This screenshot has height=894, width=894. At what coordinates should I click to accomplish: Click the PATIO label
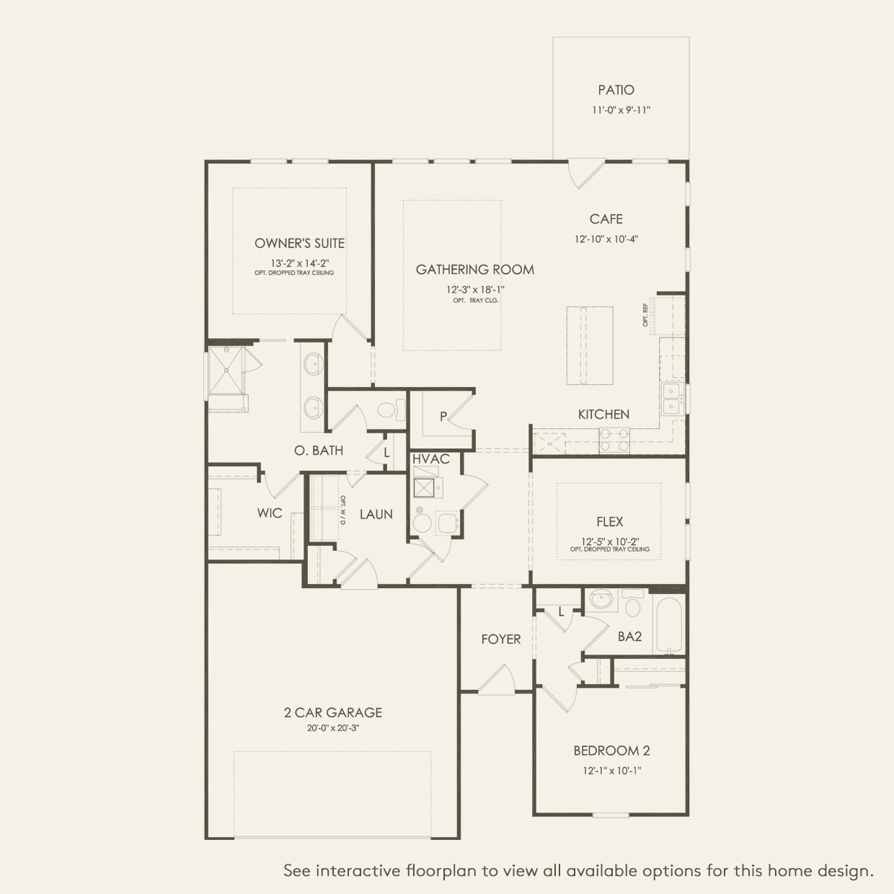[616, 89]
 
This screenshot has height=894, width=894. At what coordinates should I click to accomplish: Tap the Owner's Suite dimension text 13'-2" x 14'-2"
[300, 263]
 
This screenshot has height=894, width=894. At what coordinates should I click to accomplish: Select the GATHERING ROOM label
[474, 270]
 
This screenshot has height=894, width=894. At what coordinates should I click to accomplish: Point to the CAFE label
[606, 219]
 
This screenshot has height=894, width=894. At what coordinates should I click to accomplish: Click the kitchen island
[590, 345]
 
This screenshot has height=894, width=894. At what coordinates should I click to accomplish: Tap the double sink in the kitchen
[670, 399]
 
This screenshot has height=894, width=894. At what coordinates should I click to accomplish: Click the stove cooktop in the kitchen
[614, 441]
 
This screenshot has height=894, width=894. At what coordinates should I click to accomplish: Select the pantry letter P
[443, 417]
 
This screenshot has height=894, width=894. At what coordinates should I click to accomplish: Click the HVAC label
[431, 459]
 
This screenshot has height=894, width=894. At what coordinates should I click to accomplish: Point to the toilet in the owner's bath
[391, 410]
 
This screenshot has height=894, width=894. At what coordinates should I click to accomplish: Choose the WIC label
[270, 513]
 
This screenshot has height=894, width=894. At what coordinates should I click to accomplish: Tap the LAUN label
[376, 514]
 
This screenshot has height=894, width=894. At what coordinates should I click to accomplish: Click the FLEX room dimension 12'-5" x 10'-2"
[610, 541]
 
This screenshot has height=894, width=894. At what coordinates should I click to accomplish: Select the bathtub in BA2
[668, 624]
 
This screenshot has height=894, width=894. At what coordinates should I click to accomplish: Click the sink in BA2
[601, 600]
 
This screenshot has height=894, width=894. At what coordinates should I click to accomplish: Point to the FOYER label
[501, 639]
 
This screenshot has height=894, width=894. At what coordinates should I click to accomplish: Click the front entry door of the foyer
[497, 680]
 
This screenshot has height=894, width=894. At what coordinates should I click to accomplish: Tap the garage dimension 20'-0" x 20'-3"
[333, 728]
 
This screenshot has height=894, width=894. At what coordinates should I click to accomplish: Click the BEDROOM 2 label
[611, 751]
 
